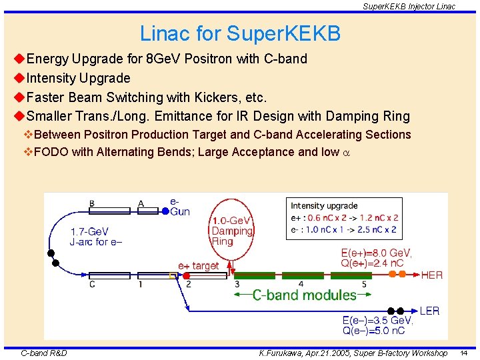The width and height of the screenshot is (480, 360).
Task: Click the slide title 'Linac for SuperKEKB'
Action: [240, 33]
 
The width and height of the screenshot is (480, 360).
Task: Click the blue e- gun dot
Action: [165, 211]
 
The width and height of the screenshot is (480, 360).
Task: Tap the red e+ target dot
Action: [187, 275]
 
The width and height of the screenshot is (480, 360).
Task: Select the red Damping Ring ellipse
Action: [231, 230]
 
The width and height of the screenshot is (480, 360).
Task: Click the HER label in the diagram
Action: [432, 275]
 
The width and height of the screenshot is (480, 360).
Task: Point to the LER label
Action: [429, 311]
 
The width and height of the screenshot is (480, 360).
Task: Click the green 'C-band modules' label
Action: [304, 295]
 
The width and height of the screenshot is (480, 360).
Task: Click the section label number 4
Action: [301, 285]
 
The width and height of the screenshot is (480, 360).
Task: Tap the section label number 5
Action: [364, 285]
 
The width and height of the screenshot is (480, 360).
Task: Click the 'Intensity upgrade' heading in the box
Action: [324, 205]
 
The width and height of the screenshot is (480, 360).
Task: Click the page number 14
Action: [463, 353]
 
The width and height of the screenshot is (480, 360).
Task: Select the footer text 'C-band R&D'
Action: [44, 353]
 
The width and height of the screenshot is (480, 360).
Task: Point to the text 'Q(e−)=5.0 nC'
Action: [374, 331]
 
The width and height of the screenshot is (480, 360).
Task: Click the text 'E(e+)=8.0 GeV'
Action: [376, 253]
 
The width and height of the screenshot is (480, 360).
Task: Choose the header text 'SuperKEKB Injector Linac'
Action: [409, 6]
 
